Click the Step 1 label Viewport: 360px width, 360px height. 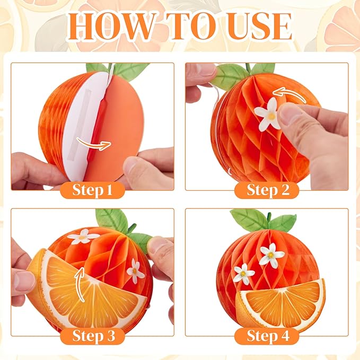[92, 190]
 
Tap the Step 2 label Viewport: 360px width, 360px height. [268, 190]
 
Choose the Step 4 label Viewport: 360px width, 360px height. [268, 336]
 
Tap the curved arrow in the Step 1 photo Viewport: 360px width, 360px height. [94, 144]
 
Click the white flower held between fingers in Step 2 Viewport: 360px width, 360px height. [269, 115]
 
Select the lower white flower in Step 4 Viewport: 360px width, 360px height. [244, 274]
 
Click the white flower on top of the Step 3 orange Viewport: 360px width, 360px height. [83, 236]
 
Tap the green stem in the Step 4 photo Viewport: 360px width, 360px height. [269, 217]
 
